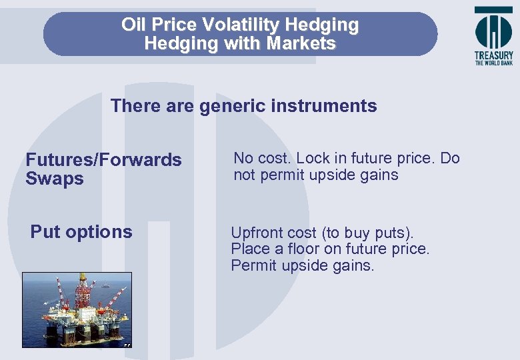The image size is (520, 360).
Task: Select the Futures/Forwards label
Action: pyautogui.click(x=103, y=160)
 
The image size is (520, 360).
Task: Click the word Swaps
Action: pyautogui.click(x=55, y=179)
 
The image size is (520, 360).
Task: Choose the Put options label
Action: pyautogui.click(x=81, y=232)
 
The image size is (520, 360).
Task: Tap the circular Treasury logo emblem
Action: pyautogui.click(x=493, y=30)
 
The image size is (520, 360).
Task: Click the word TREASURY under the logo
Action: pyautogui.click(x=493, y=56)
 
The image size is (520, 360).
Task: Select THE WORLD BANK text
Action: pyautogui.click(x=493, y=63)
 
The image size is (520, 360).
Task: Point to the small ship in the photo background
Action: pyautogui.click(x=105, y=285)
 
